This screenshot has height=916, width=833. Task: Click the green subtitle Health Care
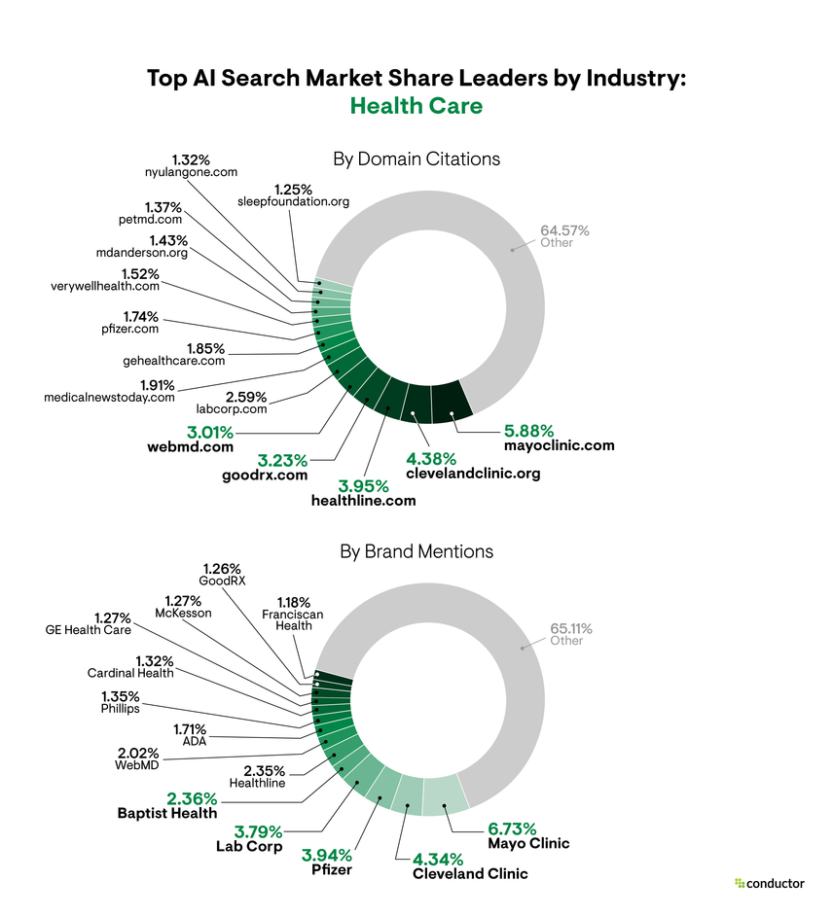(x=416, y=105)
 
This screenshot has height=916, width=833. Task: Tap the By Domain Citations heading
(x=416, y=159)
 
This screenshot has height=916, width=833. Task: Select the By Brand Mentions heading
(x=416, y=551)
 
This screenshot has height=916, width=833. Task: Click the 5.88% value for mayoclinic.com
(x=528, y=429)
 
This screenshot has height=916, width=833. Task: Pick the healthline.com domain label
(x=363, y=501)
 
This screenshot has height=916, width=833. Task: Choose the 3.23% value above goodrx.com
(x=283, y=459)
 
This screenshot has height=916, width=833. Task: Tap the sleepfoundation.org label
(x=293, y=201)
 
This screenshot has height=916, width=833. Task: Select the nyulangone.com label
(x=191, y=172)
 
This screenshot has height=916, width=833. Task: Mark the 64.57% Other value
(x=564, y=230)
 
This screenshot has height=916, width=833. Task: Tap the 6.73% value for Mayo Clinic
(x=512, y=828)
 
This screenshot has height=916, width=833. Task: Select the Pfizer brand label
(x=332, y=869)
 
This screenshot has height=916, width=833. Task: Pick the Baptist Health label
(x=167, y=813)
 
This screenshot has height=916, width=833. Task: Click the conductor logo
(x=770, y=883)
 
